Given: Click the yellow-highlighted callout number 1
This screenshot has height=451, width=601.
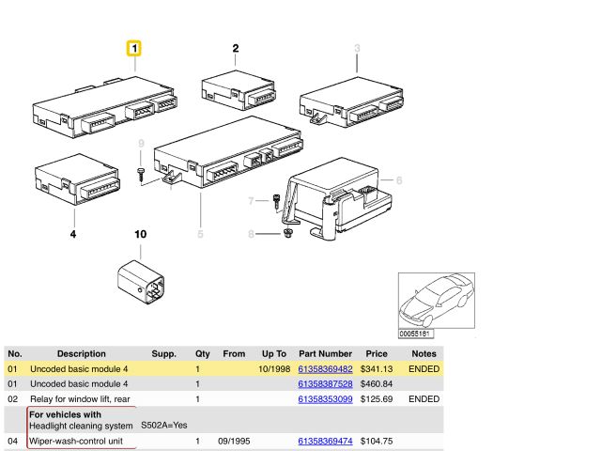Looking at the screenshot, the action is [134, 49].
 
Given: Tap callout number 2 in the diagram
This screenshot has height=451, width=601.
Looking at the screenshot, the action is [236, 48].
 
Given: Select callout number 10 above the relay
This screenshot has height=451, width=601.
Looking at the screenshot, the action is [140, 234].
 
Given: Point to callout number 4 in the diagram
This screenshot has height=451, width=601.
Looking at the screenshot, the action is [73, 234].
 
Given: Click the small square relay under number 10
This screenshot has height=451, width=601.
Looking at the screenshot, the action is [141, 282].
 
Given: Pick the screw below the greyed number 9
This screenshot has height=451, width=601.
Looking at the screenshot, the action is [141, 175].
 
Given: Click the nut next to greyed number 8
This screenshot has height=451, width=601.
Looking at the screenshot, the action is [287, 233].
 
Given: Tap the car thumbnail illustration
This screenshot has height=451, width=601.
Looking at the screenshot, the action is [437, 301].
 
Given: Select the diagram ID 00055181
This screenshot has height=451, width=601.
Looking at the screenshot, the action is [414, 334].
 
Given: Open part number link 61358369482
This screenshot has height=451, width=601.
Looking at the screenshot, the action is [325, 369].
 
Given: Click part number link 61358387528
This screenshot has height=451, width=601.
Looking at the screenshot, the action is [325, 384].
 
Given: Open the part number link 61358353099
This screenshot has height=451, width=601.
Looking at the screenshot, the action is [325, 399].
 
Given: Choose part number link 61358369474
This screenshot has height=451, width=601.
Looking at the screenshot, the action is [325, 441].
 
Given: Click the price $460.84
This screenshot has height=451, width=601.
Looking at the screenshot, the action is [377, 384].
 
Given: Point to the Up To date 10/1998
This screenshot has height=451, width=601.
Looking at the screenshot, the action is [274, 369].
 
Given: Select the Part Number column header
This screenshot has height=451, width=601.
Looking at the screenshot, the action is [325, 353].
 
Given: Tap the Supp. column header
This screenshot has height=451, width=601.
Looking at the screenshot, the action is [163, 353].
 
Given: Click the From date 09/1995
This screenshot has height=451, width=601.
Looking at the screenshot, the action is [234, 441].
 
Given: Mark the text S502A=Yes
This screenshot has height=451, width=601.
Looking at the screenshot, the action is [164, 426].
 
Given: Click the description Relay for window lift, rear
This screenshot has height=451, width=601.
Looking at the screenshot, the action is [80, 399].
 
